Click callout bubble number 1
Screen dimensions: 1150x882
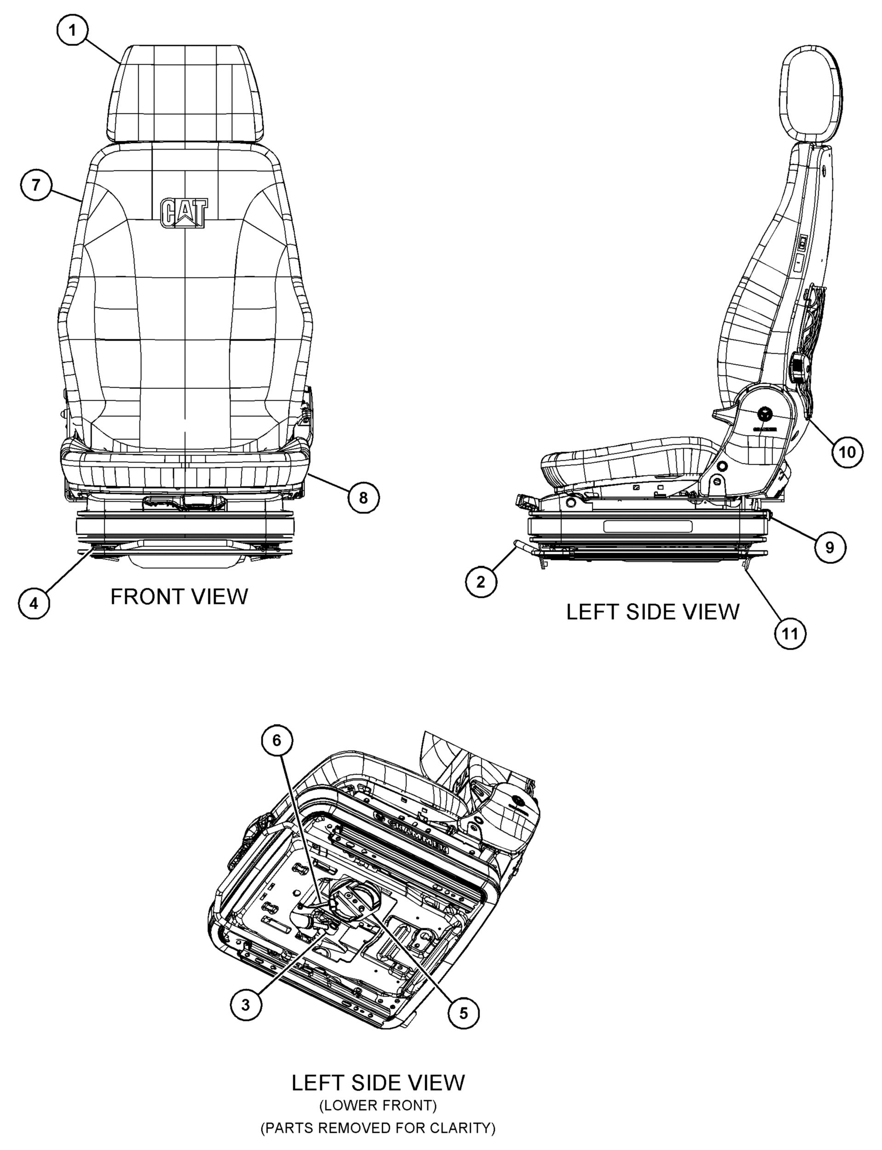pyautogui.click(x=72, y=30)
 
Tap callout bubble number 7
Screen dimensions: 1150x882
pyautogui.click(x=36, y=185)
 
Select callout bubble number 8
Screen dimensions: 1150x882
pyautogui.click(x=363, y=497)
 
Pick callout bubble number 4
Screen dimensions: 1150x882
pyautogui.click(x=34, y=603)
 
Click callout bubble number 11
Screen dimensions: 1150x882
pyautogui.click(x=790, y=633)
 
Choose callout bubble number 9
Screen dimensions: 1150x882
pyautogui.click(x=830, y=547)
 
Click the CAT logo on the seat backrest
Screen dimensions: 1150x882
pyautogui.click(x=184, y=213)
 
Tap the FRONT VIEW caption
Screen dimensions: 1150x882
pyautogui.click(x=179, y=597)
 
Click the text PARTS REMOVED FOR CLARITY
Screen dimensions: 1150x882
pyautogui.click(x=378, y=1127)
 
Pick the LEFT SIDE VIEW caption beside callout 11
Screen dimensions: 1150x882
pyautogui.click(x=652, y=612)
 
